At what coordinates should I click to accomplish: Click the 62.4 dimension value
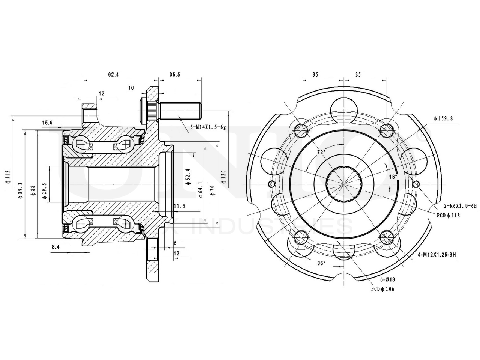[113, 75]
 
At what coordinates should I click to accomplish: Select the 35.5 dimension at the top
[175, 75]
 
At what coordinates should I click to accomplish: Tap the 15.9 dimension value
[47, 123]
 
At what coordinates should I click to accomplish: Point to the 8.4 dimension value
[56, 247]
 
